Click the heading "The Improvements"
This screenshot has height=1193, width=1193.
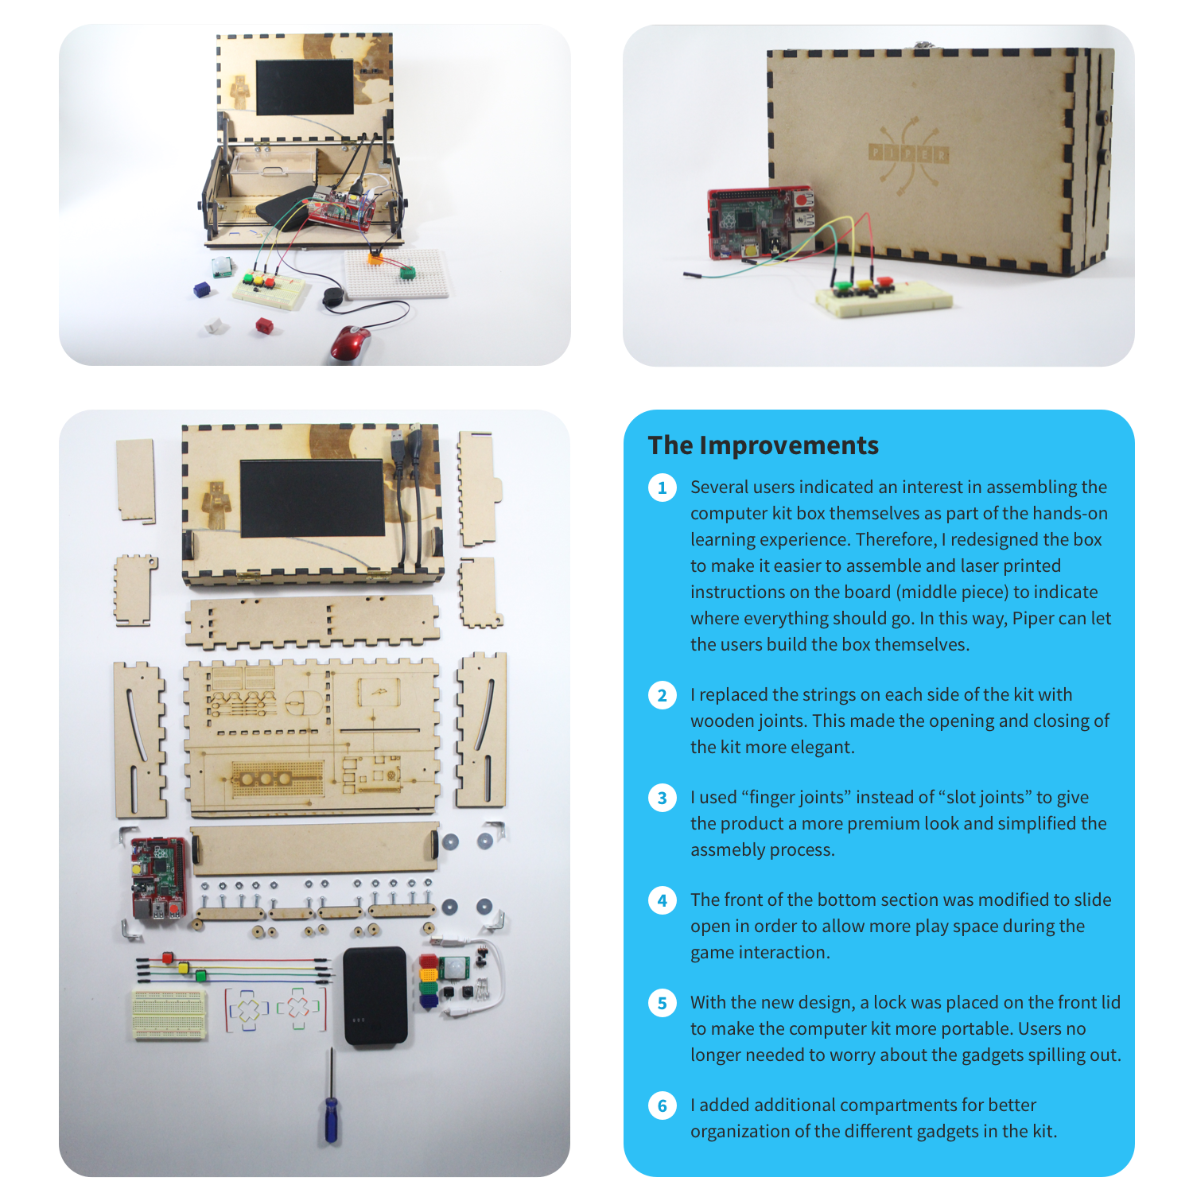coord(763,445)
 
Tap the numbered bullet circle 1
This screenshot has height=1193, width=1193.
coord(663,488)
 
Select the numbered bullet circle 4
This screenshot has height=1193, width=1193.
coord(663,900)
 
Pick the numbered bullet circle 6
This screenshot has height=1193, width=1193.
coord(663,1106)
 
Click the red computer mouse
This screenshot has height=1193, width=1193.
coord(351,343)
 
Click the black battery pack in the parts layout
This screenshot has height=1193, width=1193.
coord(375,995)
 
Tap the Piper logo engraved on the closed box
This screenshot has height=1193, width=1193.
coord(908,153)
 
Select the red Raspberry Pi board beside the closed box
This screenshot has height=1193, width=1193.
coord(760,223)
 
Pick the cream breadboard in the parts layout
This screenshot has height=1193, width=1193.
coord(169,1014)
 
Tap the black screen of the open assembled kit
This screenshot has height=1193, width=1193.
coord(305,86)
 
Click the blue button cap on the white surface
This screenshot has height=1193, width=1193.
coord(201,290)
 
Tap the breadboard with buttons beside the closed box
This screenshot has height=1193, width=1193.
coord(883,298)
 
